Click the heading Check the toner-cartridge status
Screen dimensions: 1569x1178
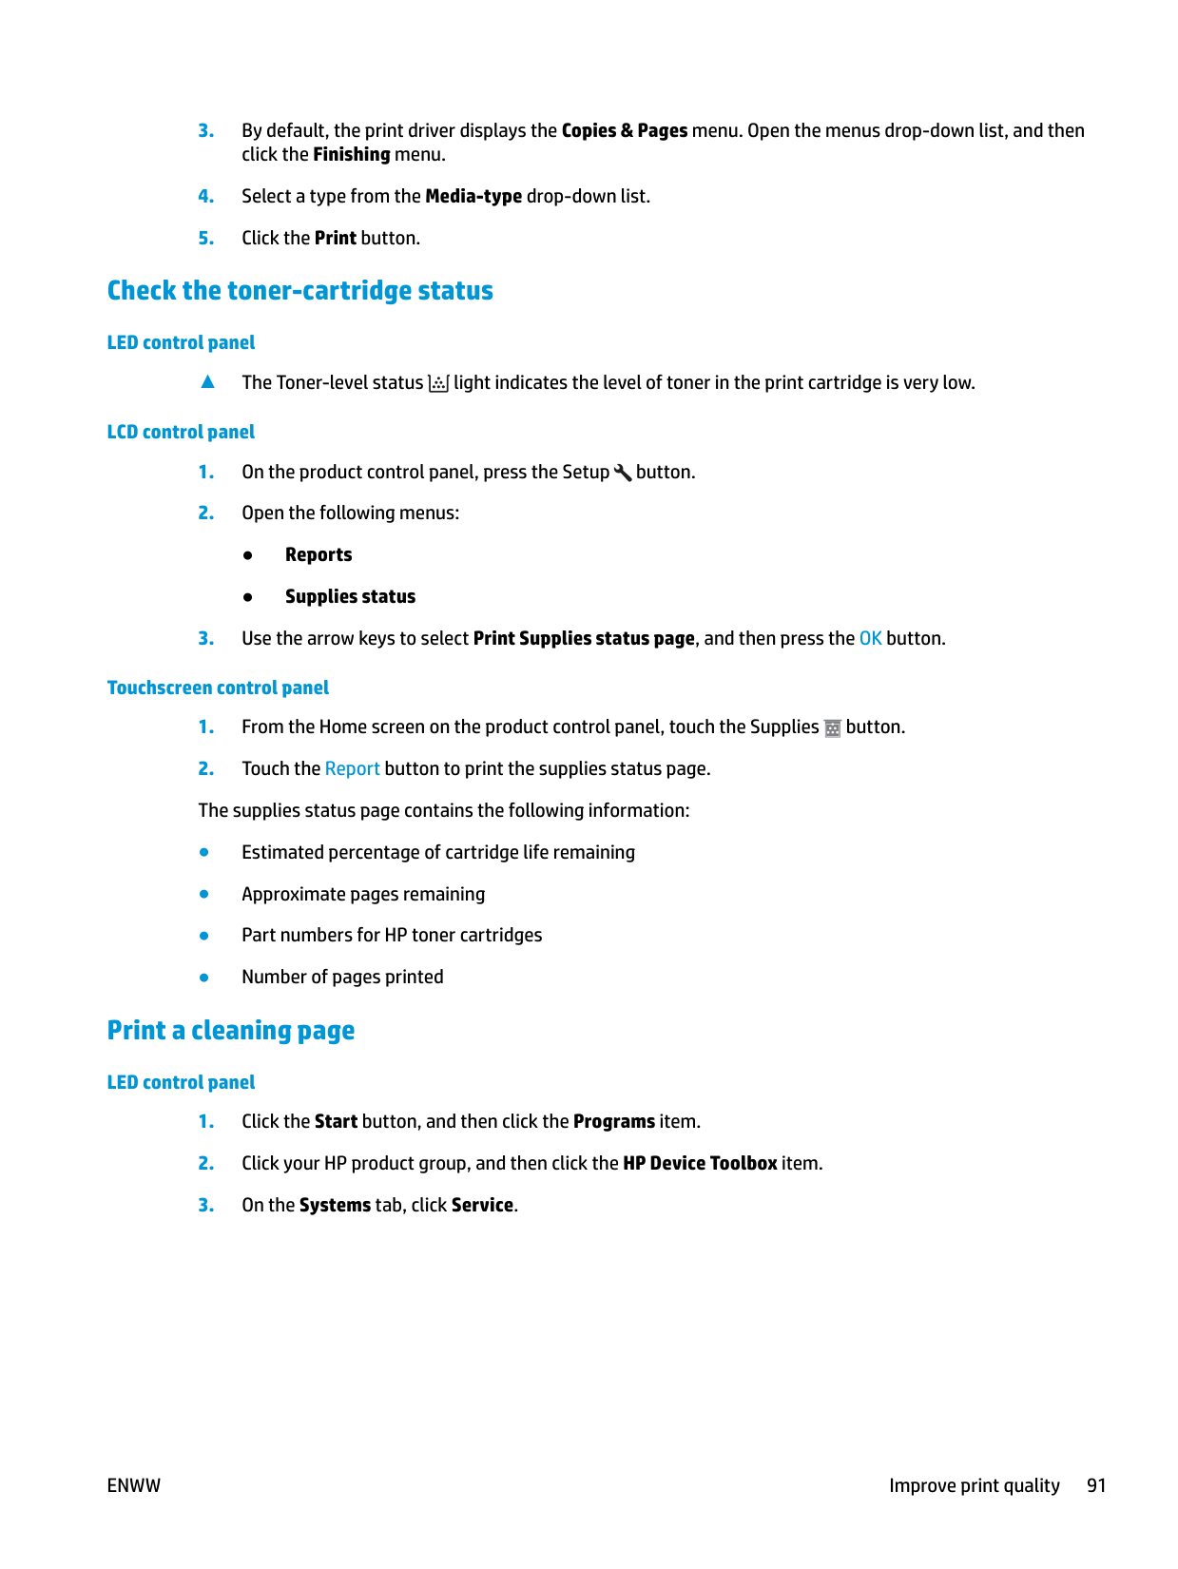point(299,290)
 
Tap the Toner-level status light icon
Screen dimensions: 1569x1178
point(438,383)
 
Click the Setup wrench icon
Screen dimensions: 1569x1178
point(623,473)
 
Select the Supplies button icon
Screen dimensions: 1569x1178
point(832,728)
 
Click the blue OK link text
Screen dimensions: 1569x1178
point(870,638)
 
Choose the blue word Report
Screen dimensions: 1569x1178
point(352,768)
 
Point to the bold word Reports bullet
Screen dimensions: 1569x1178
point(319,554)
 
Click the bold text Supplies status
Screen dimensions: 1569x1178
point(350,596)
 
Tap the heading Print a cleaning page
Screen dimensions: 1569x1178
point(230,1030)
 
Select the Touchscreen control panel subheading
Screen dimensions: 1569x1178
point(218,688)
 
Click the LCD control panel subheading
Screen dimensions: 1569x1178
point(181,432)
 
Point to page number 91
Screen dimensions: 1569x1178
point(1096,1485)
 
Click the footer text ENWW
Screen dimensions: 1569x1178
point(134,1485)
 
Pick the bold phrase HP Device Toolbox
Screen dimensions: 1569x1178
point(700,1163)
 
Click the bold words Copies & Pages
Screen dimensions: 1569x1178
point(624,130)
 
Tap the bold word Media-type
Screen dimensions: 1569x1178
point(473,196)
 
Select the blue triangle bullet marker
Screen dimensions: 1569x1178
point(207,382)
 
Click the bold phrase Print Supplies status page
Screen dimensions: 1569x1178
point(584,638)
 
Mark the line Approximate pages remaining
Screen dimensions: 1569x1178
point(363,894)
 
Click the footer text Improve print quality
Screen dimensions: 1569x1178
point(974,1485)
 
